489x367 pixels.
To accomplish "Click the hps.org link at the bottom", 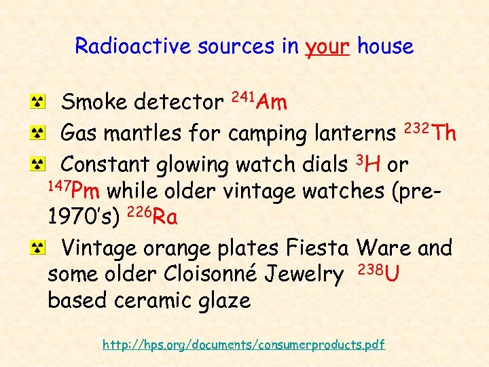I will (244, 345).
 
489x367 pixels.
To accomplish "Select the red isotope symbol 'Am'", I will (273, 103).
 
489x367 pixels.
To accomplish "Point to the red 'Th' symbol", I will (444, 133).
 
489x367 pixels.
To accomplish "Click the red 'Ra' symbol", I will (165, 218).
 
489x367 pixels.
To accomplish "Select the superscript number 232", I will (417, 126).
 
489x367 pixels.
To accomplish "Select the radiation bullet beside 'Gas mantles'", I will (41, 133).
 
